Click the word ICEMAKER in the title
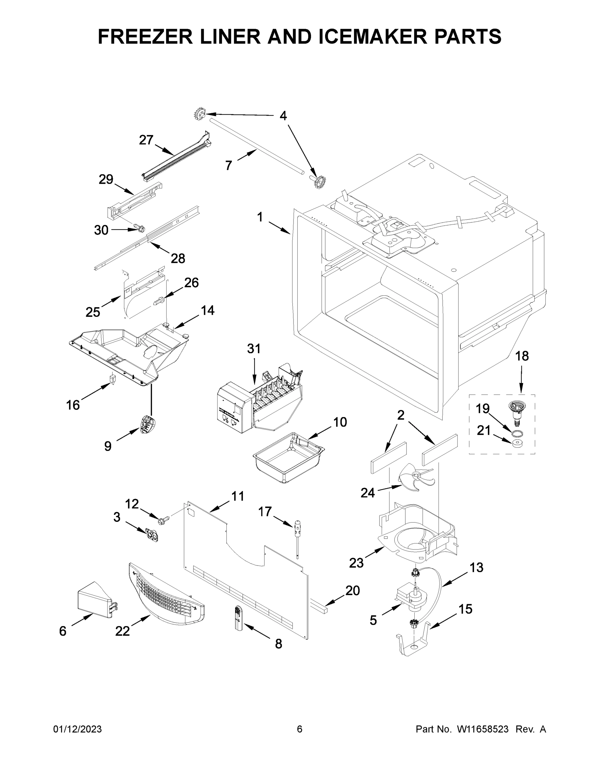tap(373, 36)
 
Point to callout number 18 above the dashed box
tap(522, 356)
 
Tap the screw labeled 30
tap(140, 228)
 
